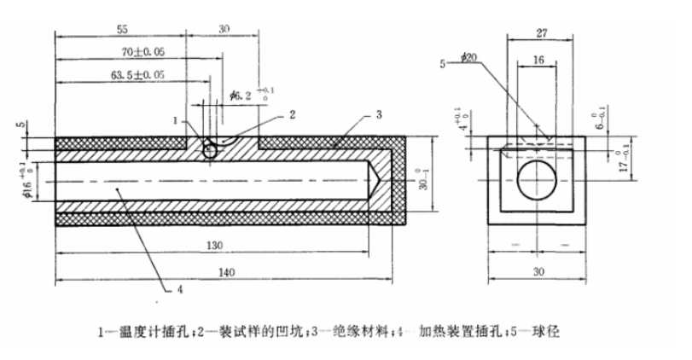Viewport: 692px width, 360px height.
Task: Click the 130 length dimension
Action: coord(213,246)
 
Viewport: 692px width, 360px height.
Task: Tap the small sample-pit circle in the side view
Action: coord(210,149)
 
